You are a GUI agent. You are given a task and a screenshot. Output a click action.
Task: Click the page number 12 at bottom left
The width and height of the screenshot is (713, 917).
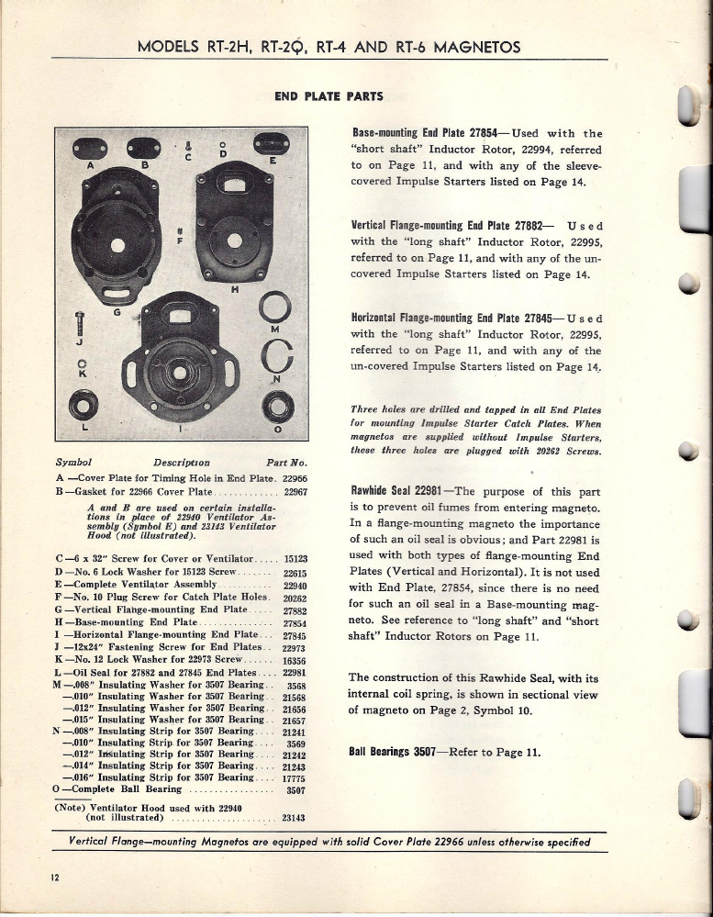tap(55, 876)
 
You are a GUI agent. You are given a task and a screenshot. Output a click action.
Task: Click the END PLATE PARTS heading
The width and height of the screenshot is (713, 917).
tap(329, 95)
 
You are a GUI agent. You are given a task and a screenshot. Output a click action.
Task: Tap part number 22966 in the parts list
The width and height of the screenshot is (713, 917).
tap(295, 478)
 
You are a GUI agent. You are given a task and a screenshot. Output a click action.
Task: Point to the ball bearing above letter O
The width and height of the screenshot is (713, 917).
tap(275, 404)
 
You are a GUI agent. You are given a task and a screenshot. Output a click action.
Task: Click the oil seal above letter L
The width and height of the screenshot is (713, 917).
tap(84, 402)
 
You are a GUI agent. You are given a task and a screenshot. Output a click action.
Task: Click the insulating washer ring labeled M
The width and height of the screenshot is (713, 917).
tap(275, 305)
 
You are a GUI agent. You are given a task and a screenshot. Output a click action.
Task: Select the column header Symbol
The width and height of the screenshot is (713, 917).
tap(74, 462)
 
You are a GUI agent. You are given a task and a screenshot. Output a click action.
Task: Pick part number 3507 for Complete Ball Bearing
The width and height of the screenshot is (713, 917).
tap(295, 788)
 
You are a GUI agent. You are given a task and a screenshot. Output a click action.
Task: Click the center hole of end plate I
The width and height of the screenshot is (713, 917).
tap(180, 375)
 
